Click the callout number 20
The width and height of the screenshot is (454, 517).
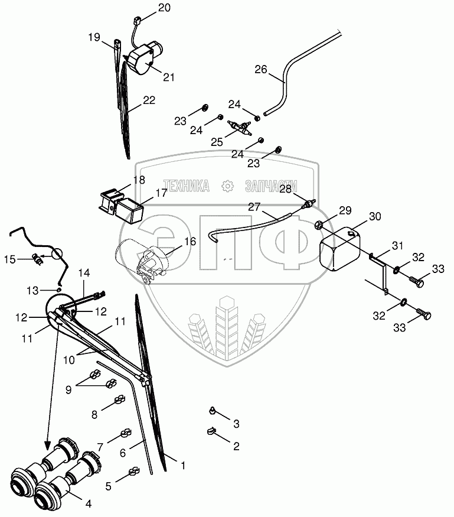[x=164, y=8]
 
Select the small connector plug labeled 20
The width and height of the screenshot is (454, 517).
[x=136, y=21]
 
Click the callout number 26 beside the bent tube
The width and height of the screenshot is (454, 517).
[x=260, y=70]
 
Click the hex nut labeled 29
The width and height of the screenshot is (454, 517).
[x=318, y=226]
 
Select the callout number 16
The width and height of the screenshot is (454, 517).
[x=190, y=241]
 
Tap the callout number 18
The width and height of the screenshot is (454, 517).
[x=139, y=180]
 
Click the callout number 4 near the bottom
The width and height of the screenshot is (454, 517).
[x=88, y=504]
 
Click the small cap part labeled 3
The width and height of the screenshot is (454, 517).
[x=213, y=411]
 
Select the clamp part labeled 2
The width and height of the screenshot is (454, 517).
[x=212, y=431]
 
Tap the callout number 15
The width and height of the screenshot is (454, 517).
[x=9, y=259]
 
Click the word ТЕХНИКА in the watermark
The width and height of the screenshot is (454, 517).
[x=187, y=186]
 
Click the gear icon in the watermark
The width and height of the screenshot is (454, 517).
[x=227, y=186]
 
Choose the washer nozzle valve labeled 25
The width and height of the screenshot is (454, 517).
[x=240, y=128]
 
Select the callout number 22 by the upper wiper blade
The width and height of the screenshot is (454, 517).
[x=149, y=100]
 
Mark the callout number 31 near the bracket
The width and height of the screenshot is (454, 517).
[x=398, y=246]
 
